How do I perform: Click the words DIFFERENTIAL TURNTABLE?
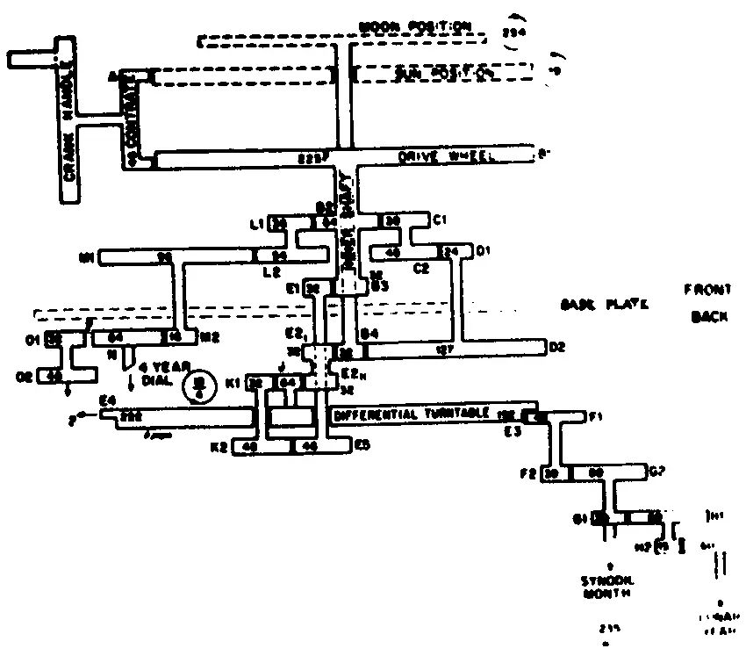416,414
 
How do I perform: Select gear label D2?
556,348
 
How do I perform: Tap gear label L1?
257,225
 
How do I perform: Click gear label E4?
107,400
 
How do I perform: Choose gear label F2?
528,474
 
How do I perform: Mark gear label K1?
233,383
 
